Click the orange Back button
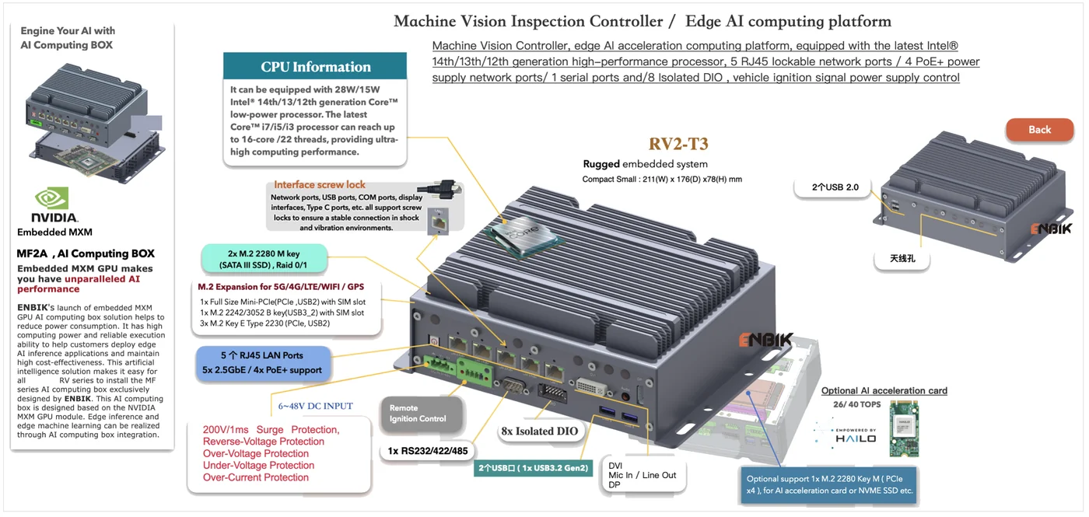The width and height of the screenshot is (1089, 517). [x=1039, y=130]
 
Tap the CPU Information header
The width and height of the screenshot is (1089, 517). [x=315, y=66]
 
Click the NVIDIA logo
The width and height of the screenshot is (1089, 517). [x=54, y=205]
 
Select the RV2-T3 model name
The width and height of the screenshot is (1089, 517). [x=678, y=144]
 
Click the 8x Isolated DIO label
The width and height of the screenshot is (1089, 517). [x=540, y=431]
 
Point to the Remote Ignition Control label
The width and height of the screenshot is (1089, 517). [x=418, y=414]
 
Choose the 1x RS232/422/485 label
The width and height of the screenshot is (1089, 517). [x=427, y=451]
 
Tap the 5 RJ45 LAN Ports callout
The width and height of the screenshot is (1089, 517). [x=263, y=363]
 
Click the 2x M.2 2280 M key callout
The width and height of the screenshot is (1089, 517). [x=263, y=259]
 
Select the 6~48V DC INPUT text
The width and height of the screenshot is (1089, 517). [x=316, y=406]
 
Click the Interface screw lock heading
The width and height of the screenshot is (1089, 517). [x=320, y=185]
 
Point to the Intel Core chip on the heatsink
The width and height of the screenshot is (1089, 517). [x=522, y=236]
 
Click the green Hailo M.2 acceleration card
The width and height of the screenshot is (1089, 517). [x=904, y=429]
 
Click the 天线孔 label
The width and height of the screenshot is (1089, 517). [x=902, y=258]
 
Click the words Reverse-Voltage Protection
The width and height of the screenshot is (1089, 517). [x=264, y=442]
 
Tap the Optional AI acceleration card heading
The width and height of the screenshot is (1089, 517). [x=884, y=390]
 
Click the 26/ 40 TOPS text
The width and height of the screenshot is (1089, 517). [x=856, y=404]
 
